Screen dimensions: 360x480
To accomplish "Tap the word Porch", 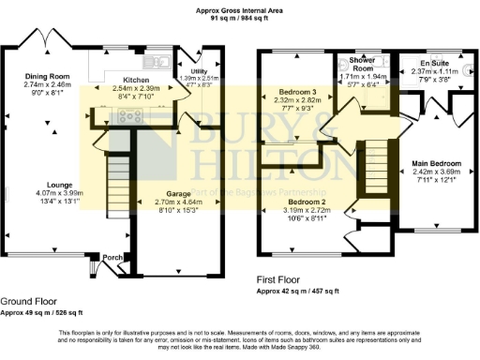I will click(x=113, y=258).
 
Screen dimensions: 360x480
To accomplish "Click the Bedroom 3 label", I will click(x=297, y=92).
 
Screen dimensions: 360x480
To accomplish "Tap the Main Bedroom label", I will click(x=436, y=164).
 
